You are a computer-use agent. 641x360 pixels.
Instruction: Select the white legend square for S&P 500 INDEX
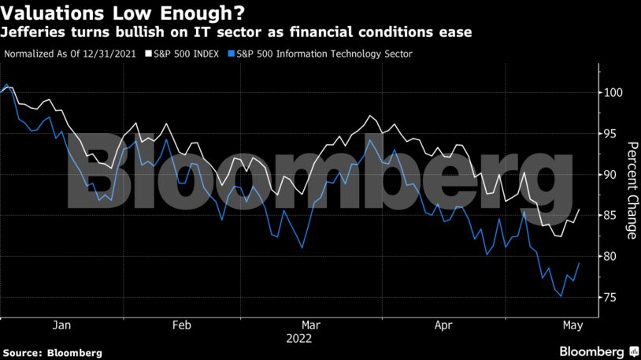coord(149,54)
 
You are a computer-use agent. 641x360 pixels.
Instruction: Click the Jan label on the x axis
coord(61,325)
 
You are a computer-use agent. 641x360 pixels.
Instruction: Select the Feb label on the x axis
coord(181,325)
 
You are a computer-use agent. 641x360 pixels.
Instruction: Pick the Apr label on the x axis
coord(443,325)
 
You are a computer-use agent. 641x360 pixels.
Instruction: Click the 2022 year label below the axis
coord(299,339)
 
